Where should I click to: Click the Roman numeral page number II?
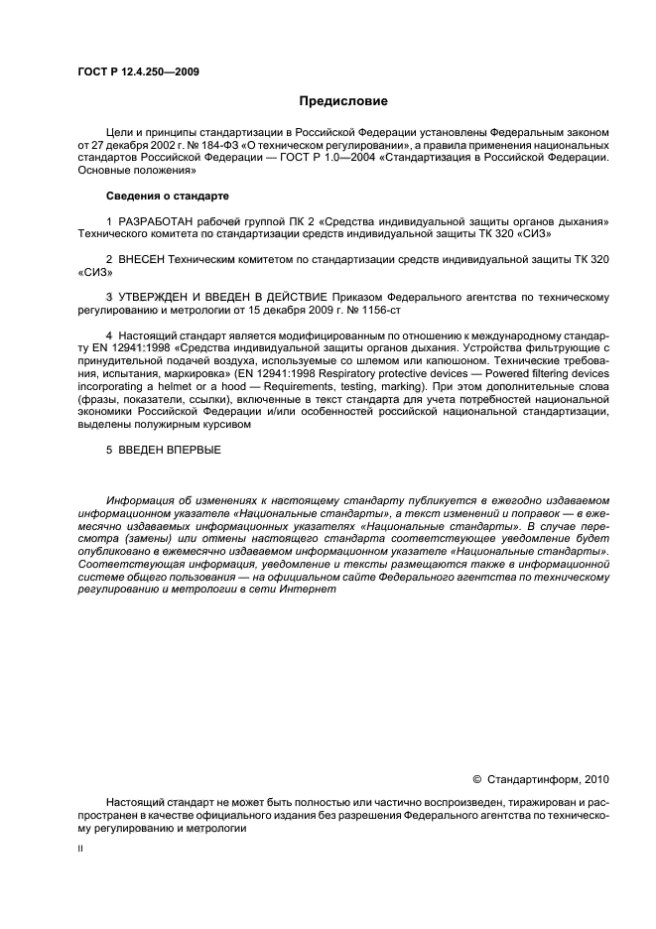[x=81, y=850]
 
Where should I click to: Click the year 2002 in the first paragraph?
[x=151, y=144]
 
